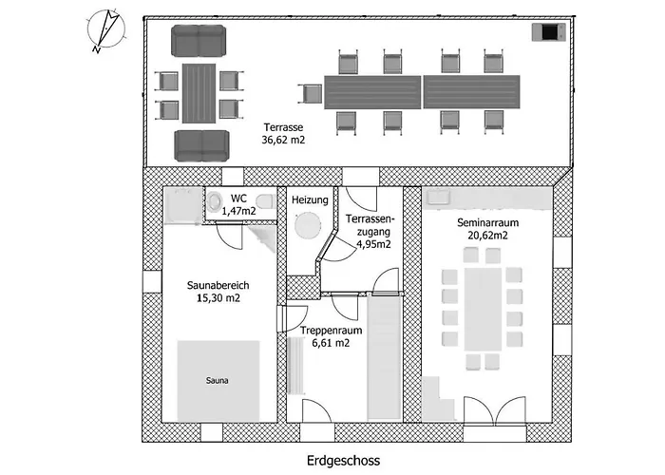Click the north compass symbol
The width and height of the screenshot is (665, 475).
(x=106, y=30)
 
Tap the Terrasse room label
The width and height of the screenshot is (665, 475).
(x=283, y=127)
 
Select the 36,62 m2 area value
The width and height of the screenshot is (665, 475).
(x=283, y=140)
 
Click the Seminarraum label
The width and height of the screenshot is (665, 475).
(x=487, y=222)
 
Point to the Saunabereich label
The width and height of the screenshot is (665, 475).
(x=218, y=285)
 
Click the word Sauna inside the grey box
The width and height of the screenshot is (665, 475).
(x=218, y=380)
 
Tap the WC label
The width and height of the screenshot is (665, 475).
(x=239, y=198)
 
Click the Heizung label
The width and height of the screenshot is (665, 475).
(x=310, y=199)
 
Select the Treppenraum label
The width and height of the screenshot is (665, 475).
(x=332, y=330)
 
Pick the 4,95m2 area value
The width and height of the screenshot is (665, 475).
(x=373, y=244)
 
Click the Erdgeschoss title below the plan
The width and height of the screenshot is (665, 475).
(x=344, y=460)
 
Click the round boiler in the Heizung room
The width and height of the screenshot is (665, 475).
(x=308, y=225)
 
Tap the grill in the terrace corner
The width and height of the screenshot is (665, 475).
(x=549, y=32)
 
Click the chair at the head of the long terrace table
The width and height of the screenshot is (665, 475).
(x=311, y=93)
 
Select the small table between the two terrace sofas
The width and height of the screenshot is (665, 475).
(x=199, y=93)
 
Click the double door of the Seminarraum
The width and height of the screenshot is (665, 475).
(x=495, y=410)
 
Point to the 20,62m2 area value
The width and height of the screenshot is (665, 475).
(x=487, y=236)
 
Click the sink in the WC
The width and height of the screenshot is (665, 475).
(x=215, y=201)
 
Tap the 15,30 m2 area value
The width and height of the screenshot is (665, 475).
(x=218, y=297)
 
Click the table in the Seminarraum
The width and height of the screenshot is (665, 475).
(x=483, y=309)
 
